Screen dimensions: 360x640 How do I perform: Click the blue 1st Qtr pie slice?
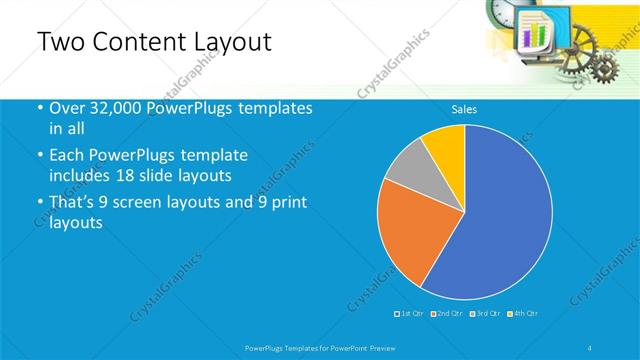[x=500, y=220]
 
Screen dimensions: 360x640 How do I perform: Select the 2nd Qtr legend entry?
[x=447, y=313]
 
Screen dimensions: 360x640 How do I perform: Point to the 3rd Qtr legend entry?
[x=485, y=313]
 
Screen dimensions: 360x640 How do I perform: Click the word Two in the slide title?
[x=59, y=42]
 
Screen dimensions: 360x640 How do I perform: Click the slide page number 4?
[x=591, y=346]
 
